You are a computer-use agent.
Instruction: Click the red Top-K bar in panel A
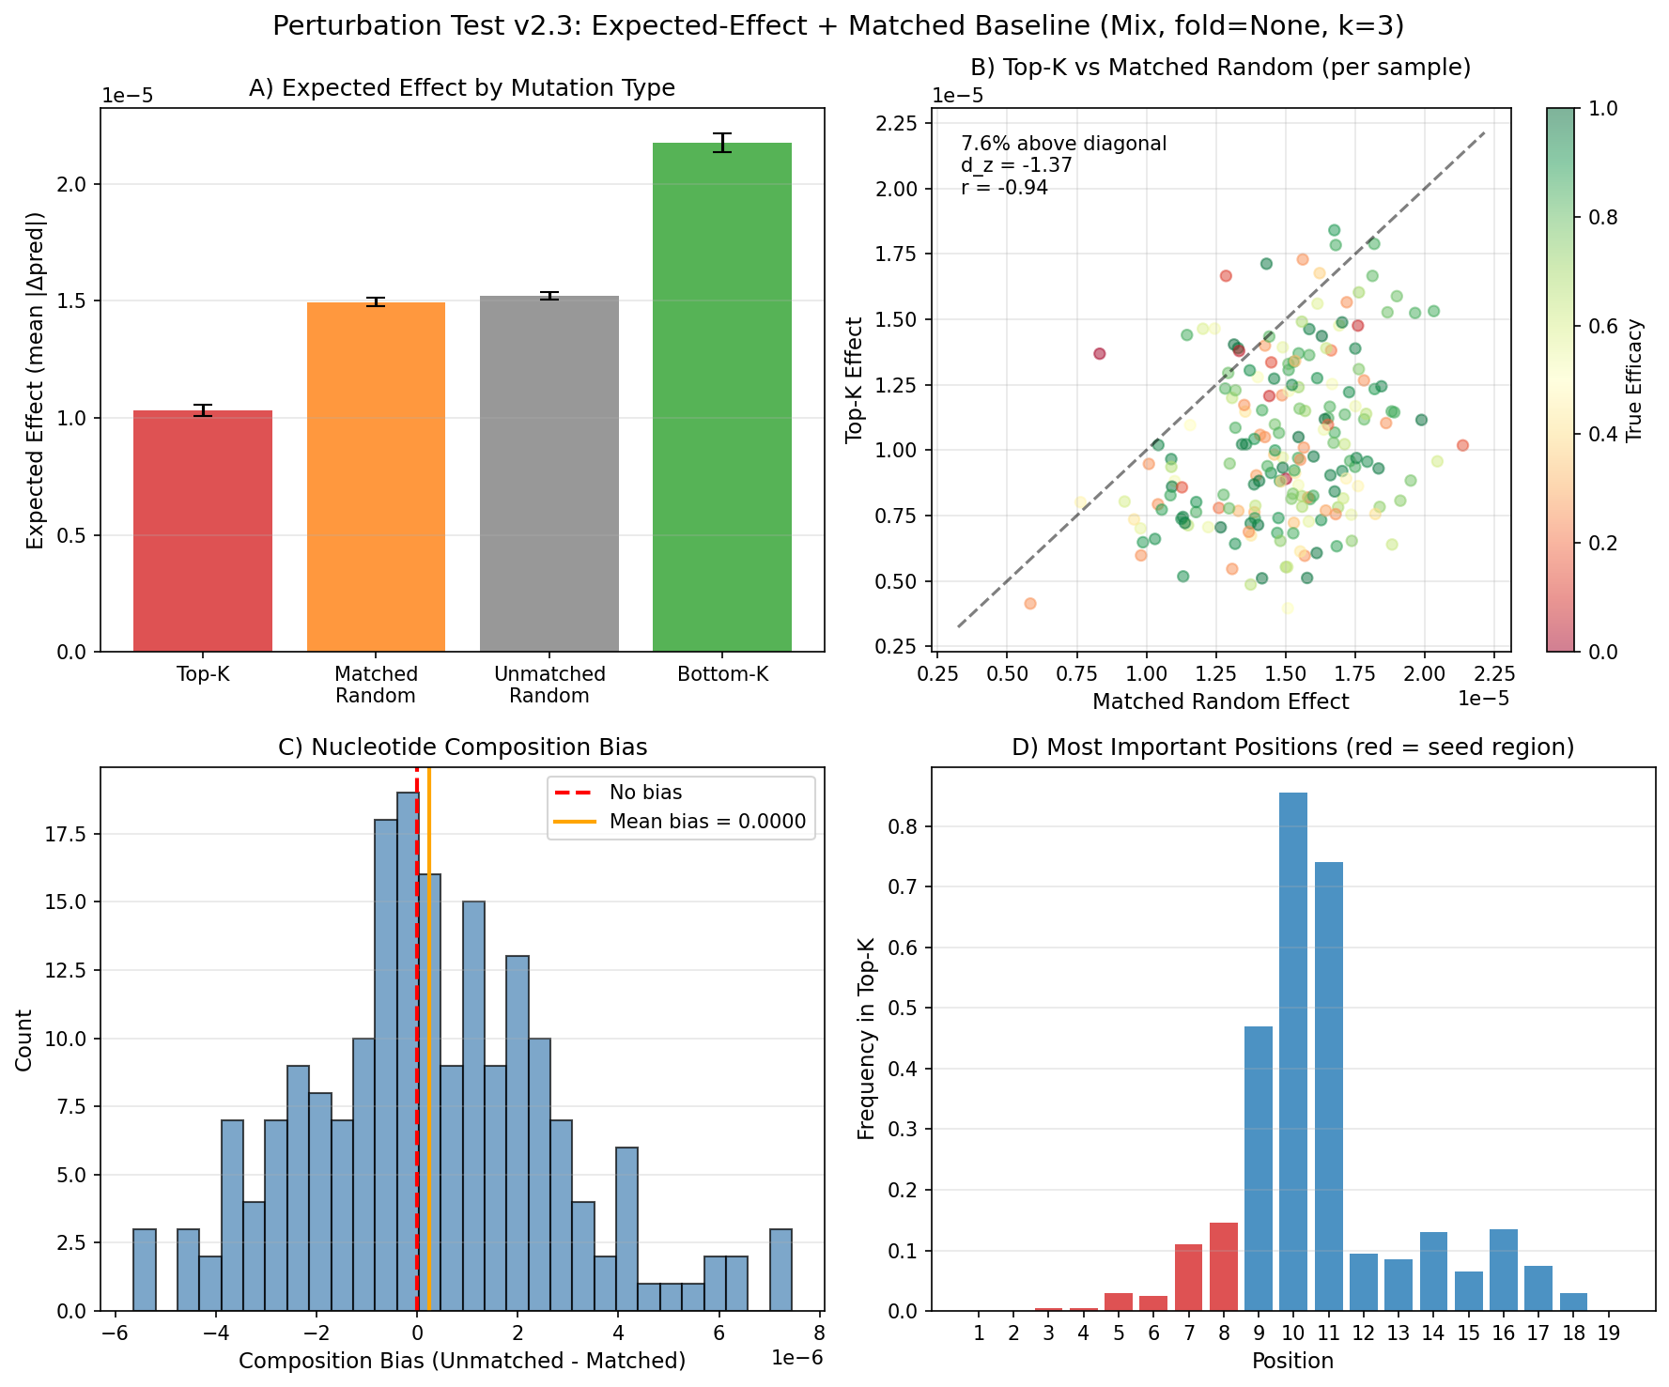(203, 531)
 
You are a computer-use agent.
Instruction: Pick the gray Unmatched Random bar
(549, 473)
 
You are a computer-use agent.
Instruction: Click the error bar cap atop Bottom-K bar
(722, 134)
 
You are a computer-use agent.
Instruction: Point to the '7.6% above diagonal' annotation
(1063, 144)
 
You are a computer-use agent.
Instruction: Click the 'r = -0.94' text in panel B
(1004, 188)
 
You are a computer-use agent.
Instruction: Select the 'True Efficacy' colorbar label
(1635, 380)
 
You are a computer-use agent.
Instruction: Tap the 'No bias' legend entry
(645, 793)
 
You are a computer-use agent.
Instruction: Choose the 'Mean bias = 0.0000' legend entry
(707, 822)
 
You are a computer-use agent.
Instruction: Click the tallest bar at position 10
(1293, 1052)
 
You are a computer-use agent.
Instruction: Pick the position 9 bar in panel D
(1259, 1168)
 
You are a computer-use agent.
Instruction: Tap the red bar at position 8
(1224, 1267)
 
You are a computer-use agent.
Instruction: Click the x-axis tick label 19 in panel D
(1608, 1333)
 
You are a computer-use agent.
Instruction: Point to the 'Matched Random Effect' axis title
(1220, 701)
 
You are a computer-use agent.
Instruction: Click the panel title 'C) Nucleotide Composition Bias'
(463, 747)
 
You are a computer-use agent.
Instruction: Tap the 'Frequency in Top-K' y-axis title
(867, 1039)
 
